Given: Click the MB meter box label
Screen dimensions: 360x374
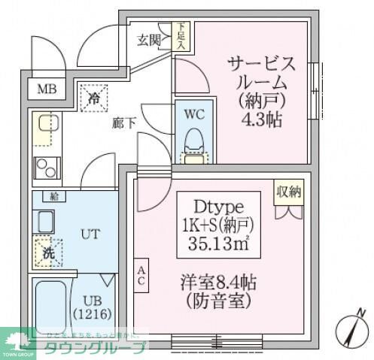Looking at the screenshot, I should click(x=47, y=89).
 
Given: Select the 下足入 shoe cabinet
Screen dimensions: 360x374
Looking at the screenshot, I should click(x=181, y=37).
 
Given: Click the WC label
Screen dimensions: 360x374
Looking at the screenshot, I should click(x=195, y=115).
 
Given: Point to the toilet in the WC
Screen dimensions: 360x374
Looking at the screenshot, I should click(x=195, y=141).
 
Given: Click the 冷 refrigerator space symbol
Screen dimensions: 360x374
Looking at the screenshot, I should click(x=94, y=97).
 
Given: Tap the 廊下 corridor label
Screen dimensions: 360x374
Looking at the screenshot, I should click(x=124, y=123).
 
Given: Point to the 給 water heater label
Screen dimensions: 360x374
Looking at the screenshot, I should click(x=53, y=197).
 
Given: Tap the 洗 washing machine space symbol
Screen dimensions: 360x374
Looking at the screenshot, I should click(x=47, y=253).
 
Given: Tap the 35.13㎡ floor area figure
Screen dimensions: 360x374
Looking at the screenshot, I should click(x=220, y=244).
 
